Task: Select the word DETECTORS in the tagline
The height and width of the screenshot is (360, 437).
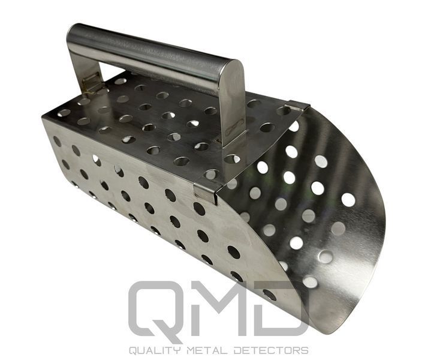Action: pos(271,350)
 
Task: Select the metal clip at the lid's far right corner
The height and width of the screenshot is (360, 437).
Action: pos(299,105)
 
